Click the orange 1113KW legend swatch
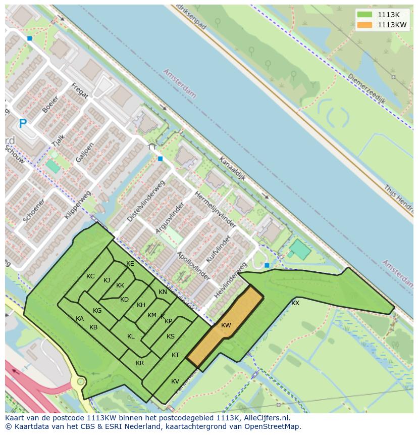tap(364, 25)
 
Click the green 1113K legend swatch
tap(364, 15)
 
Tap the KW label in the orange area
tap(226, 325)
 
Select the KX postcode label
tap(295, 303)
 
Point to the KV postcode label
tap(175, 381)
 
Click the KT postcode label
tap(175, 355)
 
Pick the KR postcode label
tap(140, 363)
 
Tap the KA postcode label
tap(80, 319)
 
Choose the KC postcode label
tap(90, 276)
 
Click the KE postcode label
tap(130, 264)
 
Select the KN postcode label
tap(163, 292)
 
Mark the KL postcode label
tap(131, 336)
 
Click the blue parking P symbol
tap(22, 123)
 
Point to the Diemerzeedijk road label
tap(367, 89)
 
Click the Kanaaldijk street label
tap(232, 169)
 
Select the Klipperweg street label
tap(77, 205)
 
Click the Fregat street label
tap(80, 90)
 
